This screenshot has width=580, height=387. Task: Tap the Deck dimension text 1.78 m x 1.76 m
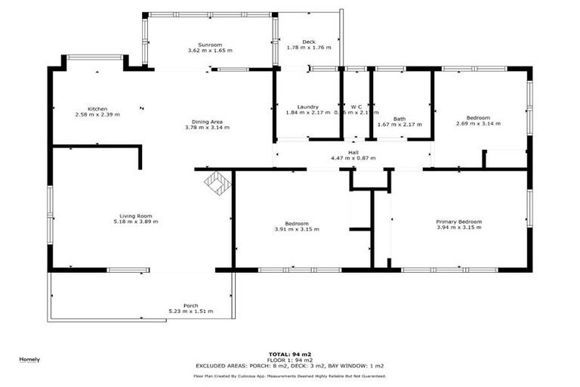coord(308,48)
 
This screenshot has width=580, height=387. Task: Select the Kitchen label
coord(97,108)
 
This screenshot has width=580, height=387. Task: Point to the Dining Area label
coord(207,122)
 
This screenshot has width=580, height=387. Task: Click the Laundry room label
coord(307,107)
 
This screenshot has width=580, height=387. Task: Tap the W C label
coord(356,107)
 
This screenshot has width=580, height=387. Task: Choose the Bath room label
coord(399,119)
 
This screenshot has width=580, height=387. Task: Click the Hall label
coord(353,153)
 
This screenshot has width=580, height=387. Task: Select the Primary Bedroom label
coord(458,221)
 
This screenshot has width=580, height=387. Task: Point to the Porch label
coord(190,305)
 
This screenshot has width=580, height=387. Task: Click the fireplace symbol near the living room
coord(217,184)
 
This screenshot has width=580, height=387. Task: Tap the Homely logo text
coord(29,359)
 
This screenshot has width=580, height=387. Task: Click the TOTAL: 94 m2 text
coord(289,354)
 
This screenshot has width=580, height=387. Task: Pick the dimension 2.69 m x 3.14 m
coord(478,124)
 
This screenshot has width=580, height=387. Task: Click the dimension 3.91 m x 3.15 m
coord(296,230)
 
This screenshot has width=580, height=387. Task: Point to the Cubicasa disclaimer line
coord(289,376)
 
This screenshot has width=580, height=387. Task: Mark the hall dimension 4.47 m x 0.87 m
coord(353,159)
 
